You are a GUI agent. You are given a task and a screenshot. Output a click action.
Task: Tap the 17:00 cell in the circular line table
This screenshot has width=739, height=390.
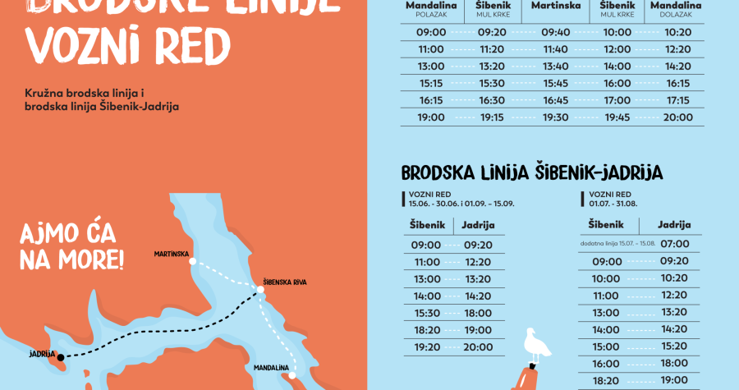(x=617, y=100)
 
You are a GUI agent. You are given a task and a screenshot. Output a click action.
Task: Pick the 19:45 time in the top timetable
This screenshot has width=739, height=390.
(x=617, y=117)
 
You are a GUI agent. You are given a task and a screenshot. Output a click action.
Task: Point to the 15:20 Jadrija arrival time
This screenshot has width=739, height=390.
(x=673, y=346)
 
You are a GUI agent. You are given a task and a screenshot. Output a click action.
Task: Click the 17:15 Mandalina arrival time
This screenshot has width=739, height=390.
(x=677, y=100)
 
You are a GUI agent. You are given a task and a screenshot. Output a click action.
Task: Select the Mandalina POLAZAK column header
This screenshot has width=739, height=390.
(x=431, y=9)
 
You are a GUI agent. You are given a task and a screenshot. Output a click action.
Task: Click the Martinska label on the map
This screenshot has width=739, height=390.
(x=172, y=254)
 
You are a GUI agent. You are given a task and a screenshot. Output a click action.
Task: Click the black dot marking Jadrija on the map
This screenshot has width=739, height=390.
(x=59, y=356)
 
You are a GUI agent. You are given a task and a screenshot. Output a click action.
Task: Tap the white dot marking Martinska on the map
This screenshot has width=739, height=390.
(x=192, y=263)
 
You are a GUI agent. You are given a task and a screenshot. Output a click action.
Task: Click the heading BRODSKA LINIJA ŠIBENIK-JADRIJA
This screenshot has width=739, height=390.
(x=532, y=172)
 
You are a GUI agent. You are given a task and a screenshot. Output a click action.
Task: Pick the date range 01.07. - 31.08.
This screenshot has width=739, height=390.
(x=614, y=204)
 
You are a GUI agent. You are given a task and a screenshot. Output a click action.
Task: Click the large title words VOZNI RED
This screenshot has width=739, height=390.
(x=127, y=48)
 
